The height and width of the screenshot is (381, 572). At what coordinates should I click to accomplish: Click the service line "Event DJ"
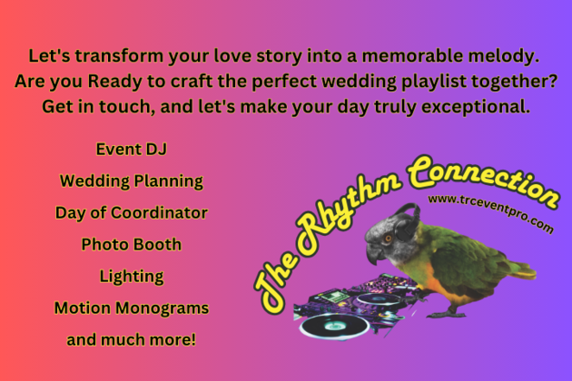[x=132, y=149]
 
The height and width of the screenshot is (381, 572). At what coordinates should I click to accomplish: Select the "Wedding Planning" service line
[x=132, y=181]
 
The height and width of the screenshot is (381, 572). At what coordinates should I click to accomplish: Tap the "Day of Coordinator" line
[x=132, y=213]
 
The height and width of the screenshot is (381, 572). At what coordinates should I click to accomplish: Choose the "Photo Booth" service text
[x=132, y=244]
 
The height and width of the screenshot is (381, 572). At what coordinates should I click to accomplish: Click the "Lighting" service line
[x=132, y=277]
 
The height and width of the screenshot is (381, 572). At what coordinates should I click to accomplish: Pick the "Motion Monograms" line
[x=132, y=308]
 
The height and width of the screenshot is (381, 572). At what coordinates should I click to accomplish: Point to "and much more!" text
[x=132, y=340]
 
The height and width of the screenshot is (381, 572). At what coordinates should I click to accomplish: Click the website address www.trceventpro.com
[x=490, y=212]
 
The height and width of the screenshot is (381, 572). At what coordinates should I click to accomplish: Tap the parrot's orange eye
[x=389, y=239]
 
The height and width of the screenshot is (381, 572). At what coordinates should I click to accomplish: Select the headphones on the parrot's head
[x=408, y=223]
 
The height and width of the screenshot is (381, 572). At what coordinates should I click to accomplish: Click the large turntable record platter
[x=334, y=326]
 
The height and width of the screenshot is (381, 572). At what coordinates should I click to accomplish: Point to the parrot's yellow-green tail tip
[x=527, y=272]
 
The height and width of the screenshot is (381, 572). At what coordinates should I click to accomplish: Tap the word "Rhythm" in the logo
[x=347, y=216]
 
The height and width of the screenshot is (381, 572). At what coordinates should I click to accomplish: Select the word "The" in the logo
[x=276, y=283]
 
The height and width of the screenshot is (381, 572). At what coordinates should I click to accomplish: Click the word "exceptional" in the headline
[x=476, y=107]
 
